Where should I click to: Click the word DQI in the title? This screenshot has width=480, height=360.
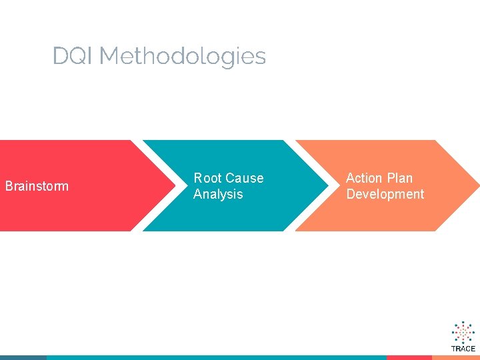(x=73, y=56)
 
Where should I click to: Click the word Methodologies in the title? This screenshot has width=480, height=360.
(x=182, y=57)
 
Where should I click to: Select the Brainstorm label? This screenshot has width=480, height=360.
(x=37, y=186)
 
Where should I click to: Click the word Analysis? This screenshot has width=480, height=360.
(x=218, y=194)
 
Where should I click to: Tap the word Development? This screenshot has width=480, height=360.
(x=385, y=194)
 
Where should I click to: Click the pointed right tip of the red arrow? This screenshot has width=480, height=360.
(x=168, y=186)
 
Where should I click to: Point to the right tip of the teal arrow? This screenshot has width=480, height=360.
(x=320, y=186)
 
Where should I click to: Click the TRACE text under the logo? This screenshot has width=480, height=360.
(x=463, y=349)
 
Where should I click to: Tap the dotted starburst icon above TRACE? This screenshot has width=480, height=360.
(x=463, y=332)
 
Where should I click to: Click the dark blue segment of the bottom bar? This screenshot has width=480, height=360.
(x=23, y=357)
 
